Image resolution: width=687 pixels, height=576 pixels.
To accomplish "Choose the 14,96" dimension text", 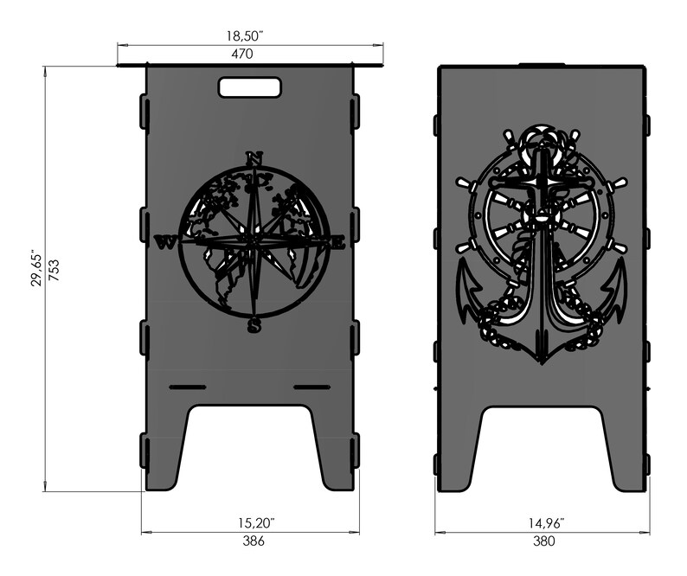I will [543, 523].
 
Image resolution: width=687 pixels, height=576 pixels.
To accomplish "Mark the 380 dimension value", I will [542, 541].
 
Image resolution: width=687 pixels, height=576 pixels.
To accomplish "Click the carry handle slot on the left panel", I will [249, 87].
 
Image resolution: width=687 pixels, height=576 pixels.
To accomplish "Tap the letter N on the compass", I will [254, 158].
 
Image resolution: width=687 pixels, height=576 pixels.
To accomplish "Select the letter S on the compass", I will [254, 325].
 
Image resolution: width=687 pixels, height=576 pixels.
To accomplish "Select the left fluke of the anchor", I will [467, 286].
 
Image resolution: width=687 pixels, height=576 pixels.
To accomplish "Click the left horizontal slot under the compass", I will [188, 386].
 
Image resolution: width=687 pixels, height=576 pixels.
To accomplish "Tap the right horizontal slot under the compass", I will [312, 386].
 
